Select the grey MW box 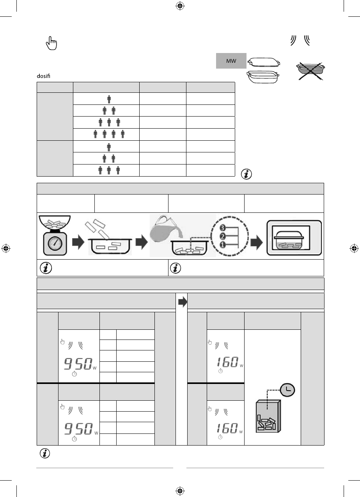(x=231, y=61)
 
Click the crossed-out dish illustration (x=310, y=71)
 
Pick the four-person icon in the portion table (x=109, y=134)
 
